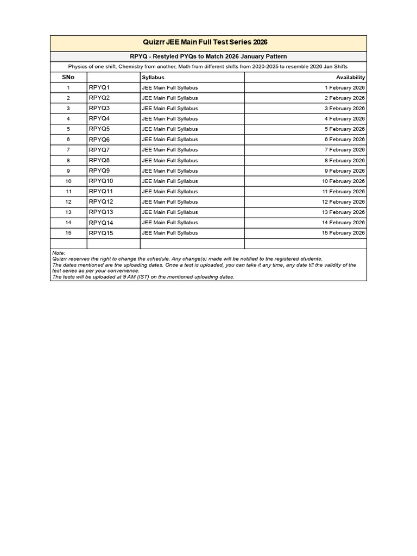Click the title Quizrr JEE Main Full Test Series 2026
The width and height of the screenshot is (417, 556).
pos(208,42)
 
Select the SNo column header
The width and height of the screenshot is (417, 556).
pos(68,77)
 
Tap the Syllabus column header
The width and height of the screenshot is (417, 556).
pos(153,77)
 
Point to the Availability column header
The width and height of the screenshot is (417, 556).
pos(350,77)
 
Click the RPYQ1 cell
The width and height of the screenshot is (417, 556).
pos(99,87)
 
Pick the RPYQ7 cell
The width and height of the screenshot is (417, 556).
pos(99,149)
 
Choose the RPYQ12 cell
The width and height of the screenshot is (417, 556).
pos(101,201)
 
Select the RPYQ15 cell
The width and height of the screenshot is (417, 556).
pos(101,233)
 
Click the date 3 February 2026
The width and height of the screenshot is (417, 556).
pos(345,109)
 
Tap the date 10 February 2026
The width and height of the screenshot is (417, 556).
pos(343,181)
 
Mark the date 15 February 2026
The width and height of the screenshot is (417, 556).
pos(343,233)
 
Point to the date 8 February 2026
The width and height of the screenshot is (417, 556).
pos(345,160)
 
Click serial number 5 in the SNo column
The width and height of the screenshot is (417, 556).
pos(68,129)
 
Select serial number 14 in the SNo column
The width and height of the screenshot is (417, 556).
pos(68,223)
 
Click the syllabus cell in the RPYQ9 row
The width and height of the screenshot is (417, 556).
pos(169,171)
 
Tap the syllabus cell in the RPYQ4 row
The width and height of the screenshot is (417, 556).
pos(169,119)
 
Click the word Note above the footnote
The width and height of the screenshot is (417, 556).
pos(58,253)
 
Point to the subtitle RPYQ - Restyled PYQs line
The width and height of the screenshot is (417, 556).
pos(208,56)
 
